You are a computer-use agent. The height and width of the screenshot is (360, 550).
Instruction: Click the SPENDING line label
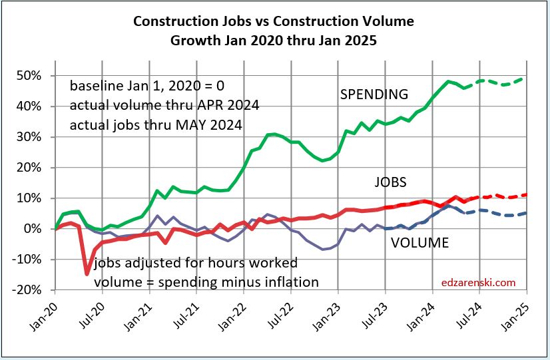374,94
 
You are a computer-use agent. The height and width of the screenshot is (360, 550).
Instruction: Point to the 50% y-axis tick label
35,76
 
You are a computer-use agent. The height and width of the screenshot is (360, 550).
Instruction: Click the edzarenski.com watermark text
478,282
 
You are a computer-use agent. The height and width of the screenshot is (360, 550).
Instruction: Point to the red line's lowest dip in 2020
87,273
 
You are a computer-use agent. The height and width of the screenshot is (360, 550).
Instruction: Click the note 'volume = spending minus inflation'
206,282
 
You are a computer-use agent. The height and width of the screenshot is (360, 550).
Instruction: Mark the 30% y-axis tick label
35,137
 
